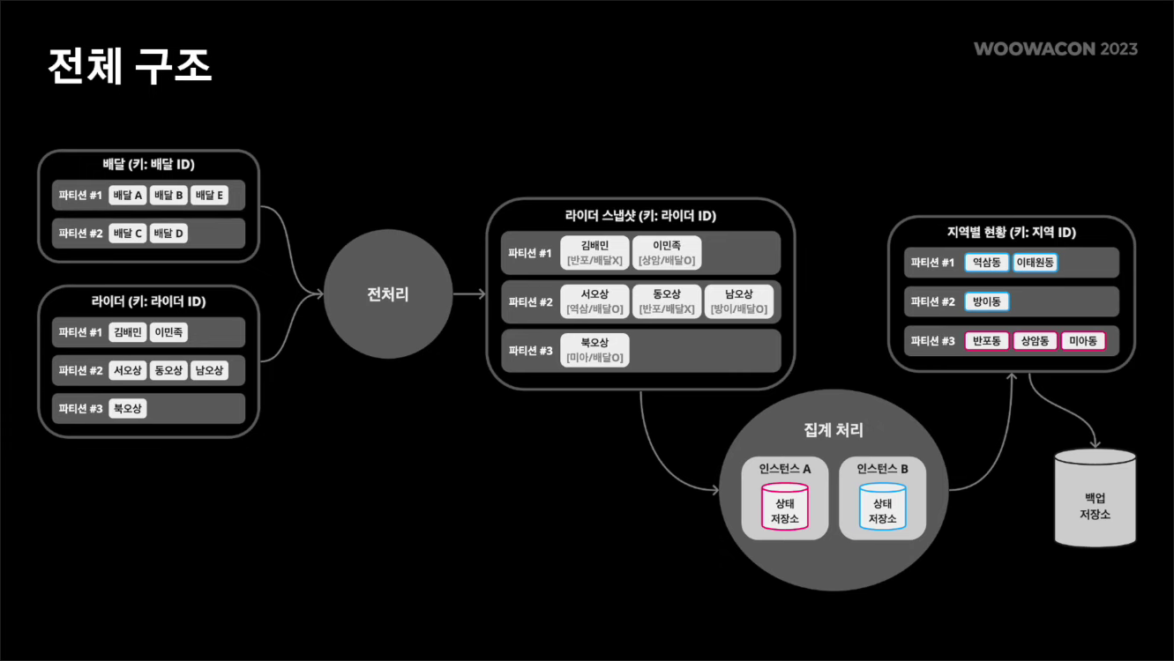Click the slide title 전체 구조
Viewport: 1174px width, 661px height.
[x=130, y=66]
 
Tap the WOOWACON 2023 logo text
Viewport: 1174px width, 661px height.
[x=1055, y=48]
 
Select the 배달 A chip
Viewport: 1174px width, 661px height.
[x=128, y=195]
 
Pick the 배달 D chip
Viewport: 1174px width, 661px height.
[x=168, y=234]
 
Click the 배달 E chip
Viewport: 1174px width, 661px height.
[x=209, y=195]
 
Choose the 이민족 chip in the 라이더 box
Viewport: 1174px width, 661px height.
[x=168, y=332]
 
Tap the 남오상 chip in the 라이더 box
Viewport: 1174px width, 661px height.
[x=209, y=371]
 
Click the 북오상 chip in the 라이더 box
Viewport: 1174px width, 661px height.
[x=128, y=409]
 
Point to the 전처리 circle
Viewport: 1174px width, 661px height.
[x=387, y=294]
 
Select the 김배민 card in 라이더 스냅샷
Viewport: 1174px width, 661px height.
[x=594, y=253]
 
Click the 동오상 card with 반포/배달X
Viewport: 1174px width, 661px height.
[x=667, y=301]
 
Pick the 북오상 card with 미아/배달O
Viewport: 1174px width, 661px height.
[x=594, y=349]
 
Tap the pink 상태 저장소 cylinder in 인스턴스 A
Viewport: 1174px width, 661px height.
[x=785, y=507]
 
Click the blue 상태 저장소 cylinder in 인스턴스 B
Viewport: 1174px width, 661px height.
[x=882, y=507]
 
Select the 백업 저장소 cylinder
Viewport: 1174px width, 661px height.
[x=1095, y=498]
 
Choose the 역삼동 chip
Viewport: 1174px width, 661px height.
[x=987, y=263]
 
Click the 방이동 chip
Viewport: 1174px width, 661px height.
[x=987, y=301]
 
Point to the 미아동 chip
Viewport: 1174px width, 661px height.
[x=1082, y=341]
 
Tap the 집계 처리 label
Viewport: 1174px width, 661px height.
[x=834, y=430]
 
